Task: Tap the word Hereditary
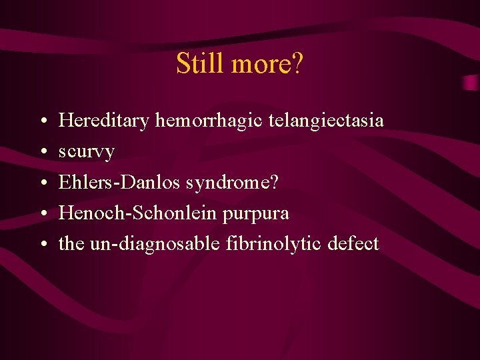[104, 121]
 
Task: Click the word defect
[353, 244]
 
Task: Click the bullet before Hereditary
[42, 122]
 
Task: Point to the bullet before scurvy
[42, 153]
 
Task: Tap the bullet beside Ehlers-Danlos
[42, 183]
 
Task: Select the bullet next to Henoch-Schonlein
[42, 214]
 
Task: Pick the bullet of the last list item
[42, 245]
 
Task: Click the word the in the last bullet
[71, 244]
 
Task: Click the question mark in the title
[297, 63]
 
